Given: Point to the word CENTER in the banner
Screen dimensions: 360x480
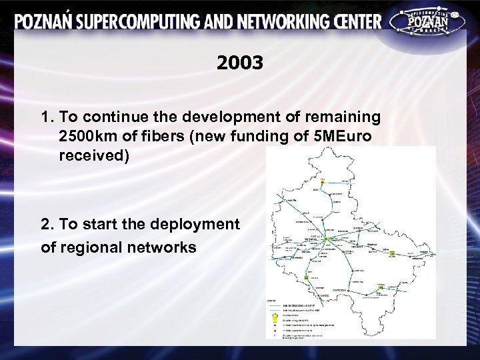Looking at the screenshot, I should coord(358,21).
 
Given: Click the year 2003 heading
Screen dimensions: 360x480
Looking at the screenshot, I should coord(240,63).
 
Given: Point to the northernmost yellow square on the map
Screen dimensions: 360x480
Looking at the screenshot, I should coord(322,181).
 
